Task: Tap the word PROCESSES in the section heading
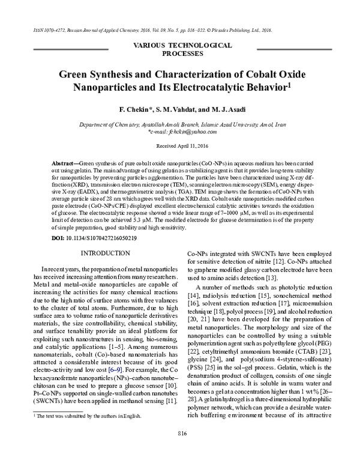[x=180, y=52]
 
